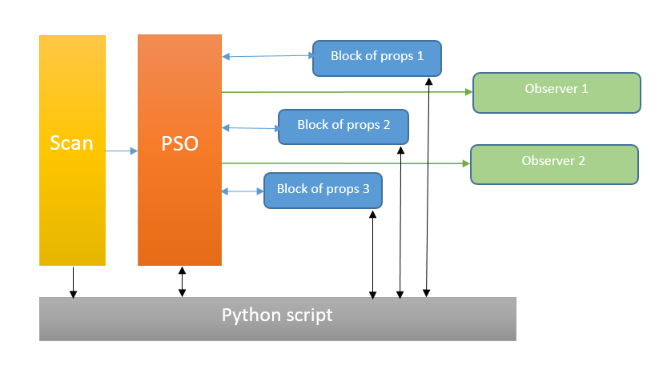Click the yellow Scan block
click(72, 150)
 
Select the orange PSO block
click(179, 150)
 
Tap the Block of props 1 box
click(377, 58)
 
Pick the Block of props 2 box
click(344, 127)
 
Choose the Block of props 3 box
click(323, 191)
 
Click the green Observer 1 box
click(557, 92)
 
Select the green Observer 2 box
click(553, 164)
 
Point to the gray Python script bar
click(277, 319)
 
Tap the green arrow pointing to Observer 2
click(344, 163)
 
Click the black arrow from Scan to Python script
click(73, 282)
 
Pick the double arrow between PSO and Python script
click(182, 282)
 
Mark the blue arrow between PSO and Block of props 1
click(267, 56)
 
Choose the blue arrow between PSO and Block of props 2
click(250, 127)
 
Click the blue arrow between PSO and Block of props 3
click(243, 191)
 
